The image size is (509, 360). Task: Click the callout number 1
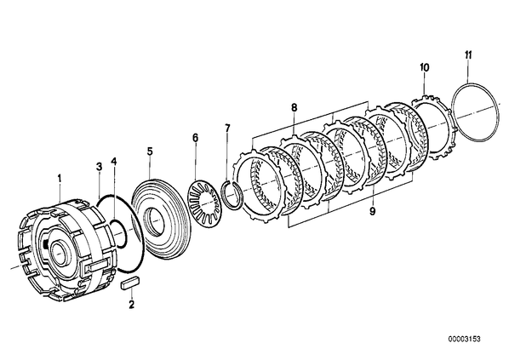pos(60,178)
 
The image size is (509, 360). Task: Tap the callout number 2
pos(131,305)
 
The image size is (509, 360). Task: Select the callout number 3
pos(99,167)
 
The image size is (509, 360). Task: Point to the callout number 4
pos(113,161)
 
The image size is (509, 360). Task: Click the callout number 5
pos(149,151)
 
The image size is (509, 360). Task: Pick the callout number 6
pos(195,138)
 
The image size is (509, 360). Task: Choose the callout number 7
pos(227,128)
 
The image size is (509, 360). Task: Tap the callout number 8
pos(294,108)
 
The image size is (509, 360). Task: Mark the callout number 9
pos(372,211)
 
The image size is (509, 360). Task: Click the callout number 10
pos(424,67)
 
